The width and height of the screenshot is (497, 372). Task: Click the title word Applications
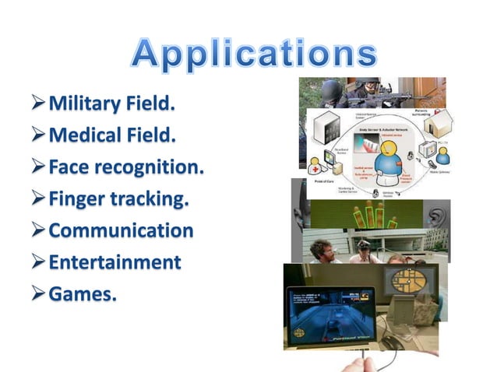254,53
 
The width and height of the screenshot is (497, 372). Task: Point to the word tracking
153,199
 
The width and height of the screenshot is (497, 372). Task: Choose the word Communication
121,230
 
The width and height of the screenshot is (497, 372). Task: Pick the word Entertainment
115,261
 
